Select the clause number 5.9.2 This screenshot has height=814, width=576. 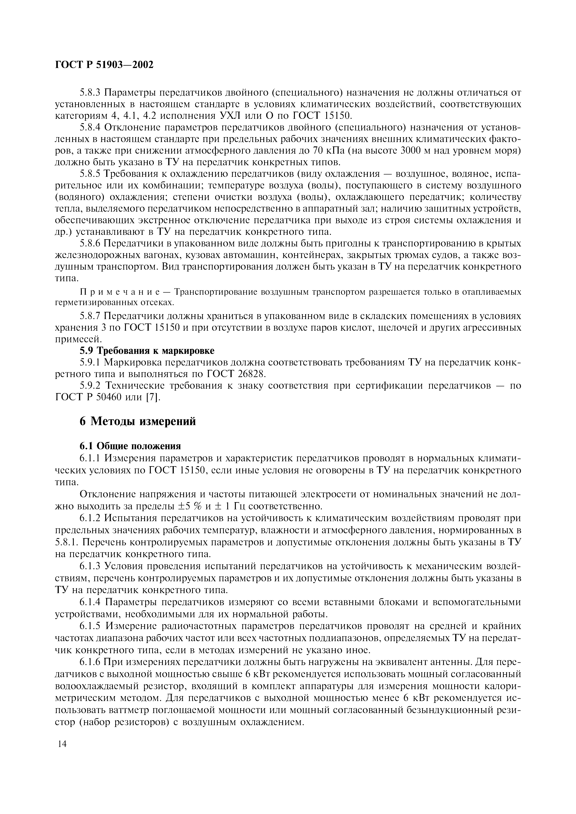(x=90, y=386)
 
